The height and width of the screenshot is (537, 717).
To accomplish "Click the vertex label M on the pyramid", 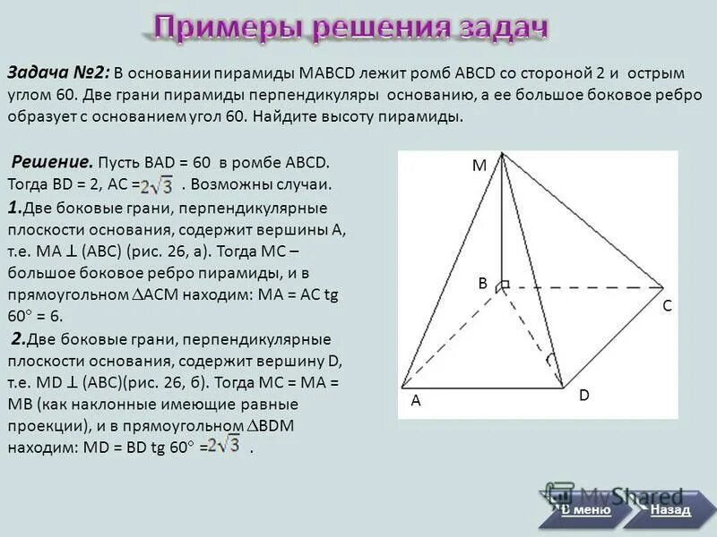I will click(x=479, y=166).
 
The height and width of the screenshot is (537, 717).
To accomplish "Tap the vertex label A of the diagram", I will click(x=416, y=402).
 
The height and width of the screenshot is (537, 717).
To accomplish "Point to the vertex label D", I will click(x=583, y=395).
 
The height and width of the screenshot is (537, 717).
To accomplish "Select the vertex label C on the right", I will click(x=667, y=306).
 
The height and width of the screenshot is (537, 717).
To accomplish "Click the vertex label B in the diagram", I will click(x=481, y=283).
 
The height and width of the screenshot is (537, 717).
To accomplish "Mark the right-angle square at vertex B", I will click(x=505, y=285).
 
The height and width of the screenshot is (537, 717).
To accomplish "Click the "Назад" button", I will click(x=670, y=510).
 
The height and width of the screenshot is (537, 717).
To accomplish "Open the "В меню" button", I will click(x=586, y=510).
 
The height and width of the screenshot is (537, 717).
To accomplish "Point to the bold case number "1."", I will click(x=14, y=208).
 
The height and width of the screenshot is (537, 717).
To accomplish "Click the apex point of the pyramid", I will click(x=503, y=153).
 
